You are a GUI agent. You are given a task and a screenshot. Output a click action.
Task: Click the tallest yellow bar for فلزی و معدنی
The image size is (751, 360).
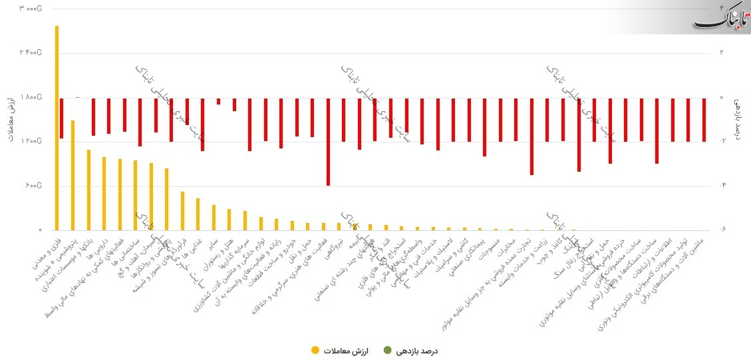pyautogui.click(x=57, y=126)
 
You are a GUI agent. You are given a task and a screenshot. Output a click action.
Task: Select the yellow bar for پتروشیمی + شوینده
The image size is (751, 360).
pyautogui.click(x=73, y=175)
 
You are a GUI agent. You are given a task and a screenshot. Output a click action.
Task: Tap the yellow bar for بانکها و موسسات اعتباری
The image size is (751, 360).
pyautogui.click(x=88, y=190)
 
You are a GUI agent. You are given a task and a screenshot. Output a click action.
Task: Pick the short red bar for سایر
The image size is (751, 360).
pyautogui.click(x=218, y=101)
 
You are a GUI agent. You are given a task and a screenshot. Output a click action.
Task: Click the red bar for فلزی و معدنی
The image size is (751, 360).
pyautogui.click(x=62, y=118)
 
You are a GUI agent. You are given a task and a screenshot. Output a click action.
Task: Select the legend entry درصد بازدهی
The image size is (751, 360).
pyautogui.click(x=410, y=350)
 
